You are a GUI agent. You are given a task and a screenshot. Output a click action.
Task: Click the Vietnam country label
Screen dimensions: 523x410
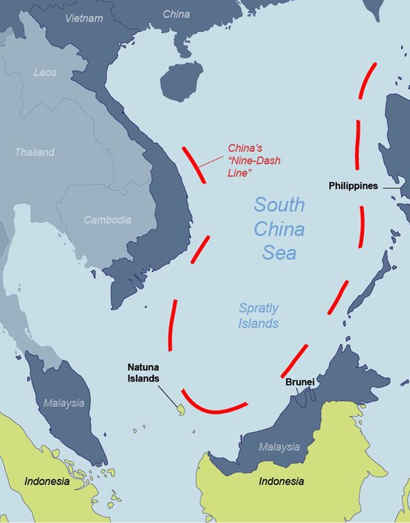[x=84, y=18]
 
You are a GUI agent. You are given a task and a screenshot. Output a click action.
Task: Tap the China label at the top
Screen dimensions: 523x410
[x=176, y=14]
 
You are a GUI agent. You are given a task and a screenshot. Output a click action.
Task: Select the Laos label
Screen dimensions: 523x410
[x=45, y=72]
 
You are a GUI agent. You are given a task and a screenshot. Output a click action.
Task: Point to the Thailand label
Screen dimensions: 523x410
[x=34, y=152]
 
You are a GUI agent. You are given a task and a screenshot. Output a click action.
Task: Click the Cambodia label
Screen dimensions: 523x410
[x=108, y=220]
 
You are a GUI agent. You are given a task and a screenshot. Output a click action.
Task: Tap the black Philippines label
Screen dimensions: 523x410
[x=353, y=186]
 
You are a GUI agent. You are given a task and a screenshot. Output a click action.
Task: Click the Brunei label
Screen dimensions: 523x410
[x=300, y=382]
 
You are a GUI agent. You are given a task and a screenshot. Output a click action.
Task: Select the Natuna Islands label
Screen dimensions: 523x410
[x=143, y=373]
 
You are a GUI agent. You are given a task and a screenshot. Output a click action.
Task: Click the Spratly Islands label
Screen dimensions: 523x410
[x=259, y=316]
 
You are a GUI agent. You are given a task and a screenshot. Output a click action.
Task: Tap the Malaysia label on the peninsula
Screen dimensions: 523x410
[x=64, y=403]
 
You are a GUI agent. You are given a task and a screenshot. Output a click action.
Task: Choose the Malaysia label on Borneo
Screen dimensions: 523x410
[x=279, y=447]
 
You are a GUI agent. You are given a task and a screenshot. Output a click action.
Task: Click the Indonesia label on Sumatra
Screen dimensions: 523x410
[x=47, y=482]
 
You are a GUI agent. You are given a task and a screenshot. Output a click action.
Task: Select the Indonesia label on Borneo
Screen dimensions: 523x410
[x=281, y=482]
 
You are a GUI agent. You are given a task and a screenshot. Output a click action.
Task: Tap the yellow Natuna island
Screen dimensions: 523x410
[x=180, y=410]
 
